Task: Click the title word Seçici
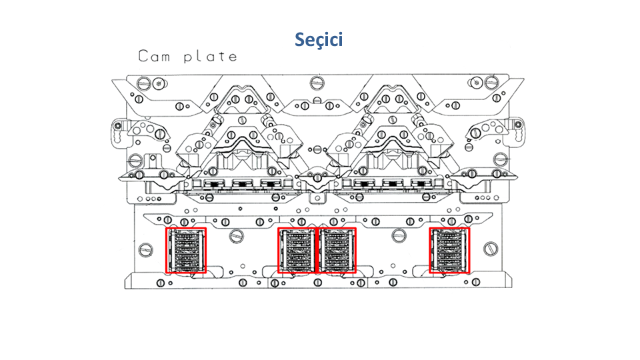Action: point(319,39)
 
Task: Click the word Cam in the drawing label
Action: point(153,56)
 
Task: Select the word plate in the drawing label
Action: point(210,56)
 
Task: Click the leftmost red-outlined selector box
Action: point(186,251)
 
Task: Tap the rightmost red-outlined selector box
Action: point(449,251)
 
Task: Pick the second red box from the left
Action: point(297,251)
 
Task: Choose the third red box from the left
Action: point(337,251)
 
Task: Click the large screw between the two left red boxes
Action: point(235,235)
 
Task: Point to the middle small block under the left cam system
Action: point(243,185)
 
